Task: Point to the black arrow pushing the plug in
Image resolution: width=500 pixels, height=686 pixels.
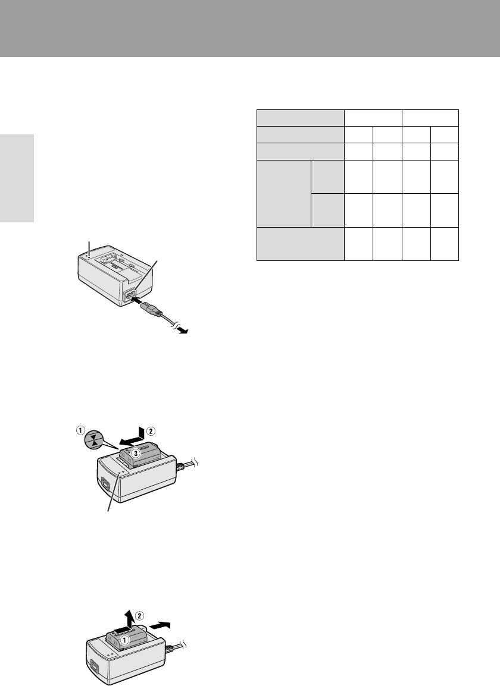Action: coord(141,301)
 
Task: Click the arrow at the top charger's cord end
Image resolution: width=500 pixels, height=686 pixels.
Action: coord(182,331)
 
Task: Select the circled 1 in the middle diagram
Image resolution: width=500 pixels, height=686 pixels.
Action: coord(80,430)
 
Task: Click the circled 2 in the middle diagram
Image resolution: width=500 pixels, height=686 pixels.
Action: coord(151,431)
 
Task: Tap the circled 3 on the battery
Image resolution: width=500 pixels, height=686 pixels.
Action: coord(136,454)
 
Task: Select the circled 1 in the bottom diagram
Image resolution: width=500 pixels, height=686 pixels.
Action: coord(124,640)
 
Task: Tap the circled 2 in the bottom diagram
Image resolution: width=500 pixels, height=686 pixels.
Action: coord(139,616)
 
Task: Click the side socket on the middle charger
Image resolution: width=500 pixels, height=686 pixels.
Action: coord(104,484)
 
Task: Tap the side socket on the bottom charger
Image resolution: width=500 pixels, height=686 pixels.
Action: coord(93,668)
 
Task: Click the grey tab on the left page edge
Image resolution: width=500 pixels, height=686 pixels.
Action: coord(17,178)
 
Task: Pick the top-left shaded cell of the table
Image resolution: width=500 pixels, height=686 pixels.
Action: coord(301,118)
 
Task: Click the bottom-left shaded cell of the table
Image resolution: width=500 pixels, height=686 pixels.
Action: coord(301,244)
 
